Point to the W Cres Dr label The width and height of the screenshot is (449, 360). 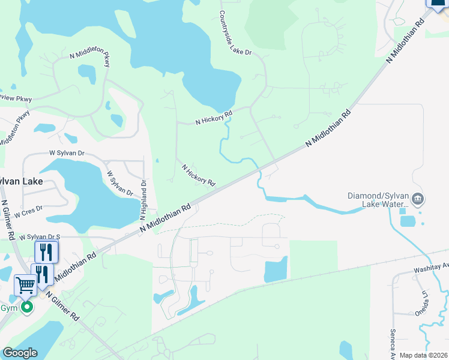(28, 211)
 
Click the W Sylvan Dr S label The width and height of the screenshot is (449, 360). (40, 238)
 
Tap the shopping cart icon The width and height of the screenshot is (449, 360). (25, 284)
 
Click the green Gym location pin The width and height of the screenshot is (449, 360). (27, 308)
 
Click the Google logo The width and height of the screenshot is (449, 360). (20, 353)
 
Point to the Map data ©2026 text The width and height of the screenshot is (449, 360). (423, 355)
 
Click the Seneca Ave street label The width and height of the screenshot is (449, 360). (393, 342)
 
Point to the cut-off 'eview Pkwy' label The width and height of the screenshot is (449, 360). (14, 97)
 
